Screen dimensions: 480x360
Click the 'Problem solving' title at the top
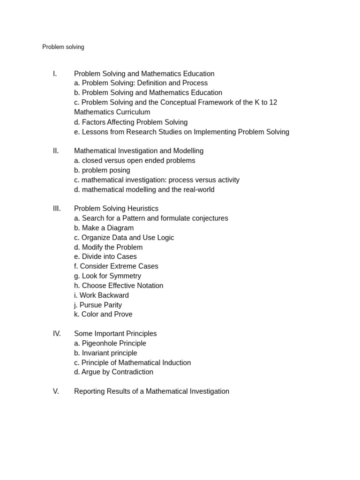(63, 47)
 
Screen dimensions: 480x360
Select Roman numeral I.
(55, 74)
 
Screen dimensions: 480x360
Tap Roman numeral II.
(56, 151)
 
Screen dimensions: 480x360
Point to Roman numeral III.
(57, 209)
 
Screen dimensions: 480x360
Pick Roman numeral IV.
(57, 334)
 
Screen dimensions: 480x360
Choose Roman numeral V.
(56, 391)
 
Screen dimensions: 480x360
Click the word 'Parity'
(112, 305)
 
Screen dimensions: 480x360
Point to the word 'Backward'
(113, 295)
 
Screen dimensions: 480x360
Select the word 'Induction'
(174, 363)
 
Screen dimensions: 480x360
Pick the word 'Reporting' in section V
(90, 391)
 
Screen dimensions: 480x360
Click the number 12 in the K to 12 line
(273, 102)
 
